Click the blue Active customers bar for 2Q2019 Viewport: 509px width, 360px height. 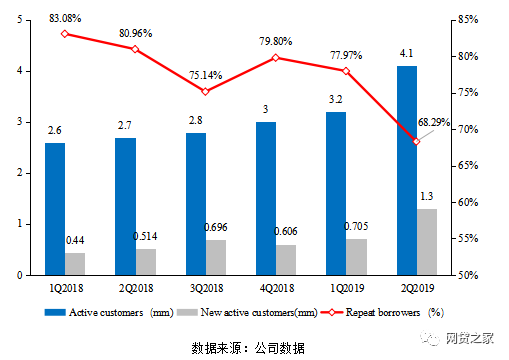(408, 170)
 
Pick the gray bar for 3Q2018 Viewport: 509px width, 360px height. (215, 257)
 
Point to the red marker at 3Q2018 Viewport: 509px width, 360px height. (205, 91)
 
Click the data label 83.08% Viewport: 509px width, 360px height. (64, 17)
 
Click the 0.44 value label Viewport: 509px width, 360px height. (74, 240)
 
